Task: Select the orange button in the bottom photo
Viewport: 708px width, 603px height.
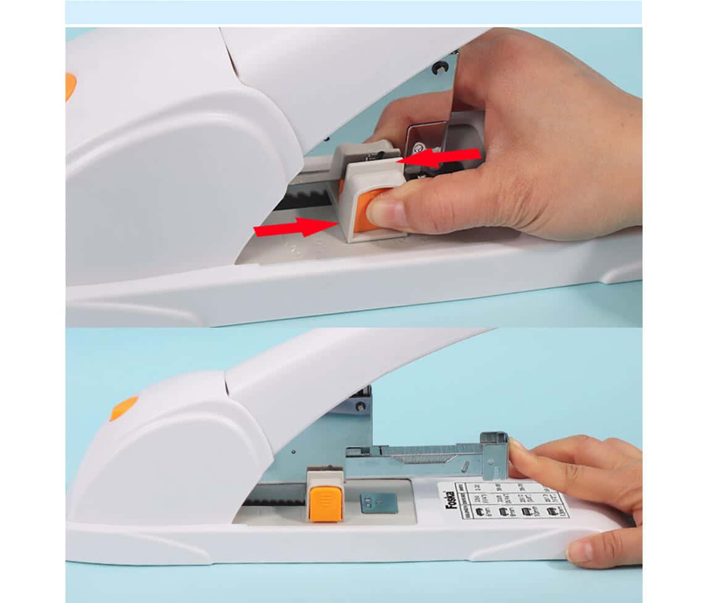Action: pos(326,503)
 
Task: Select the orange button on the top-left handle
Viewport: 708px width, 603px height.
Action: pos(70,86)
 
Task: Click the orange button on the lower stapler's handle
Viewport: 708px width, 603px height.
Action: pos(124,408)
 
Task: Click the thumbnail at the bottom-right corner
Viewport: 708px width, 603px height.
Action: pos(580,551)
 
